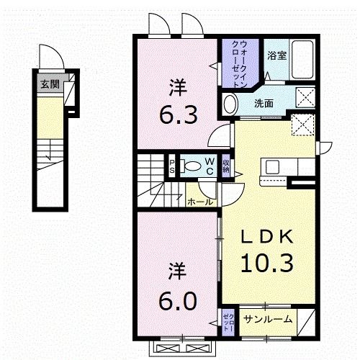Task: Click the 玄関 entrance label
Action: (x=50, y=84)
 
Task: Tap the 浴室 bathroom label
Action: (x=277, y=55)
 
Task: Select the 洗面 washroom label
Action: (x=264, y=103)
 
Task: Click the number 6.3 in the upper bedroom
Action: (x=179, y=114)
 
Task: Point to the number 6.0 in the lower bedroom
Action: (x=178, y=300)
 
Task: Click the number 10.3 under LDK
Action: (x=267, y=264)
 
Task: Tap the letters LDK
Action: (x=267, y=237)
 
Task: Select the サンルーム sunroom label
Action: (x=268, y=319)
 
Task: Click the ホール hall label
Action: (x=200, y=202)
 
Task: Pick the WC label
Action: (x=210, y=166)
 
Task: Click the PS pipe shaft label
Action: (x=172, y=166)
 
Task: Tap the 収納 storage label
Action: (x=226, y=166)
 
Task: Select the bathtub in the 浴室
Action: (x=302, y=59)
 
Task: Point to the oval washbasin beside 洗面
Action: (x=230, y=104)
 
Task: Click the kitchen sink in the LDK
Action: (x=272, y=166)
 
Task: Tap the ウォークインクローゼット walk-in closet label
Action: (x=239, y=64)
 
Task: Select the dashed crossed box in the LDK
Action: (x=303, y=125)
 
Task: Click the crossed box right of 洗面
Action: (x=305, y=98)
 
